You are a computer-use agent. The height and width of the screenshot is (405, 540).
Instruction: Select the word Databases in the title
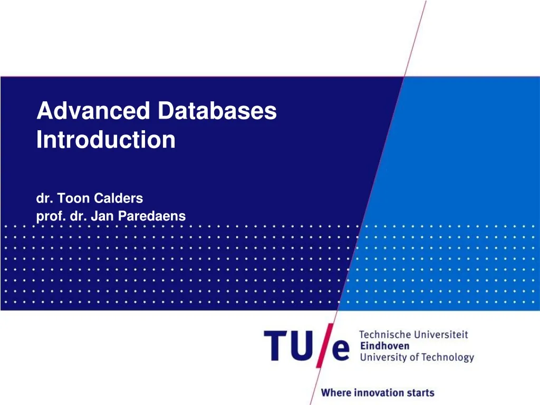coord(217,111)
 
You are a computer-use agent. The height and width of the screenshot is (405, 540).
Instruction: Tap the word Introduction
coord(106,140)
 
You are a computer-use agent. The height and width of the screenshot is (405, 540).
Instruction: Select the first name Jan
coord(99,216)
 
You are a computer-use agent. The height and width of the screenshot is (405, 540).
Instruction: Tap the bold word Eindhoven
coord(384,345)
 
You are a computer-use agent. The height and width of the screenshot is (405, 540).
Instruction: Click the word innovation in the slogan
coord(380,393)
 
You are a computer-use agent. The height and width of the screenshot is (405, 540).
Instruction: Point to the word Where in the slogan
coord(336,393)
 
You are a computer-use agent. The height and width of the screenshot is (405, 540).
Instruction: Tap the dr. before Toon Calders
coord(44,198)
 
